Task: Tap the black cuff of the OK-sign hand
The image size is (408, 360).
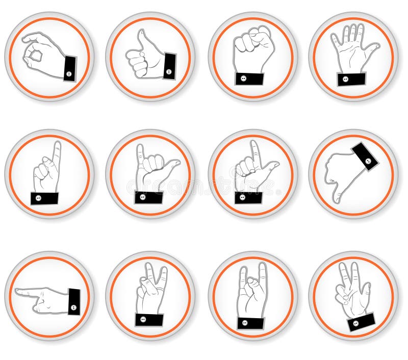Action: pos(69,69)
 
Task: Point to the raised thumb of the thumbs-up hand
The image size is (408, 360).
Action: pos(141,38)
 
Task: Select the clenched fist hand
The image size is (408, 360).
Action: pos(253,49)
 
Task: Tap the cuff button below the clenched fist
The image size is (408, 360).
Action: pos(250,79)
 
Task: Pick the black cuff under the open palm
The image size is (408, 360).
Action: pos(351,79)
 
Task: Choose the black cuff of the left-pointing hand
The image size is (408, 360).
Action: pos(74,301)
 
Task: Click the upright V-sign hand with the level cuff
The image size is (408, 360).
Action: pos(150,291)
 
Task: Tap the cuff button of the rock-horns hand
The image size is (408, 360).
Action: pos(250,323)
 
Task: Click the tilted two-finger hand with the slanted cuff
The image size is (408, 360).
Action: pos(351,291)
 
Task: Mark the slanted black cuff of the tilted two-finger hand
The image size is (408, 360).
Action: pos(361,322)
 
